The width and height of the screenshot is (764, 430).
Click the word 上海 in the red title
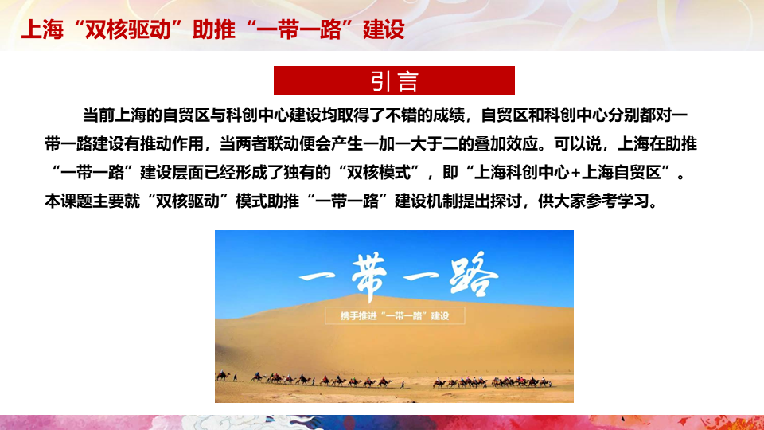[42, 29]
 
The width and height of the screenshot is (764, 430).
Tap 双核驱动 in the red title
[127, 29]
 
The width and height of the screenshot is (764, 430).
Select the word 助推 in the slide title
[213, 29]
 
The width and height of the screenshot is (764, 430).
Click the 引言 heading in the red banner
[394, 81]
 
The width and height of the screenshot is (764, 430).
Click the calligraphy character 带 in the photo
[369, 276]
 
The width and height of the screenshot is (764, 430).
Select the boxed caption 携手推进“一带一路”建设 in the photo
[395, 316]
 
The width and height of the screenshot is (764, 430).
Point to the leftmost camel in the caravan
[223, 376]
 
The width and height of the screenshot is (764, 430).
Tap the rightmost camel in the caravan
[546, 383]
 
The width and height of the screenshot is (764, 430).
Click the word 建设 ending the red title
[384, 29]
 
